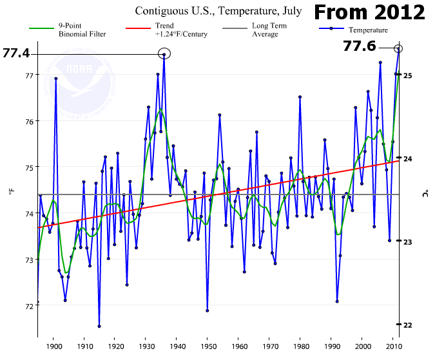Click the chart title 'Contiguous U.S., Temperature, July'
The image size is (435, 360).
pyautogui.click(x=217, y=12)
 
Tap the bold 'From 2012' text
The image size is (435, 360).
pyautogui.click(x=370, y=12)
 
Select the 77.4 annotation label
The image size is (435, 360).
pyautogui.click(x=16, y=53)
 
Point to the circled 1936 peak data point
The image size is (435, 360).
pyautogui.click(x=164, y=55)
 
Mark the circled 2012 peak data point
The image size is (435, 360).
pyautogui.click(x=398, y=48)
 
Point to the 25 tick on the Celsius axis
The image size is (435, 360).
pyautogui.click(x=407, y=75)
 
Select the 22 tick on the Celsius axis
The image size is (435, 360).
pyautogui.click(x=407, y=325)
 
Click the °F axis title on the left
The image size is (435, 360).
pyautogui.click(x=11, y=191)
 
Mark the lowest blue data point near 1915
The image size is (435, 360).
pyautogui.click(x=99, y=327)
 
